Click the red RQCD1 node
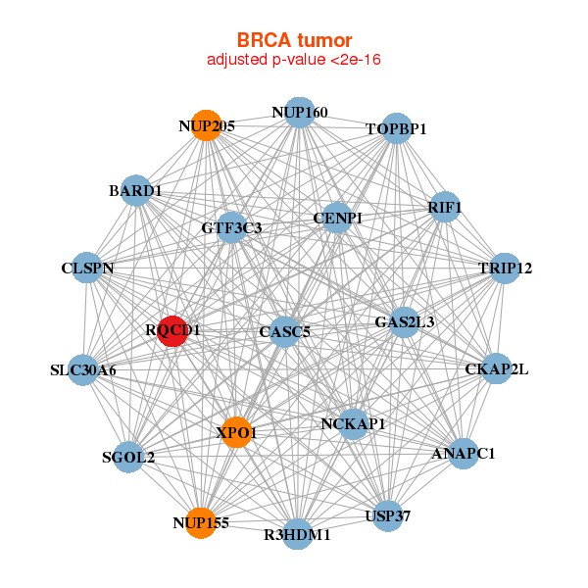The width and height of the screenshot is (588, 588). (173, 330)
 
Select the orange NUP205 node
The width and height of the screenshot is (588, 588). (205, 125)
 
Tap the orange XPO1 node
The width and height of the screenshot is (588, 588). (236, 432)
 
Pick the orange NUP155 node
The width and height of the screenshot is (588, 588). (201, 523)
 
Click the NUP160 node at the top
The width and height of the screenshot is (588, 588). (300, 113)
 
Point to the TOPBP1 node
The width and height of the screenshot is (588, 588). (396, 128)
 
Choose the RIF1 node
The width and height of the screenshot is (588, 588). (445, 207)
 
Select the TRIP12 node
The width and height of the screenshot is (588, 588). (504, 269)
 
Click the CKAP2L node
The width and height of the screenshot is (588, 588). (497, 369)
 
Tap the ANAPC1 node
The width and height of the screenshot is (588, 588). (463, 454)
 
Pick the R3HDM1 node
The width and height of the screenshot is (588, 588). (298, 535)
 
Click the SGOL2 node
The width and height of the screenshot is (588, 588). (129, 457)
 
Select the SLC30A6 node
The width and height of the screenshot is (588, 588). (83, 370)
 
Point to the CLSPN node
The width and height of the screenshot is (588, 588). (88, 269)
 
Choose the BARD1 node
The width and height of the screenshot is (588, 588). (136, 190)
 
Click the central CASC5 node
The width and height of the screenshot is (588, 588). (284, 332)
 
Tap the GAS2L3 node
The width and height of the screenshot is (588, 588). (405, 321)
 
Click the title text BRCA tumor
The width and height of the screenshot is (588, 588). (294, 40)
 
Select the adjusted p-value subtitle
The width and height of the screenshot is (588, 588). (294, 60)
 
